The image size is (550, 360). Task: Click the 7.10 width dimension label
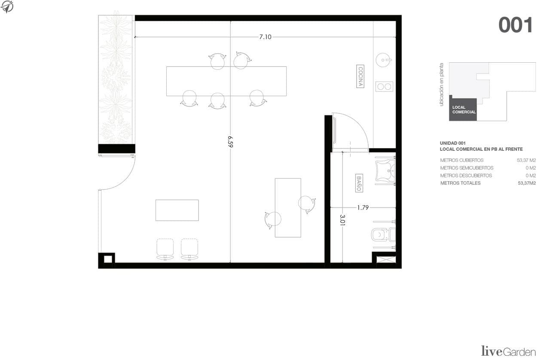click(265, 37)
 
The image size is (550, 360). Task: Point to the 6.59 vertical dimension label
click(230, 142)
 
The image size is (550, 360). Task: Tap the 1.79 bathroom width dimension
click(363, 207)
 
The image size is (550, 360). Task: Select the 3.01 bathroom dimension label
click(342, 220)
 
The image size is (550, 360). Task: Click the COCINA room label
click(360, 76)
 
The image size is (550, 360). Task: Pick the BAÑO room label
click(359, 183)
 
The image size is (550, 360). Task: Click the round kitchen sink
click(383, 60)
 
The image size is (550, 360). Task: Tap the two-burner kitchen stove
click(384, 86)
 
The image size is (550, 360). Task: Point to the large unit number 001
click(515, 25)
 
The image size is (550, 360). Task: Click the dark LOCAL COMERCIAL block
click(463, 110)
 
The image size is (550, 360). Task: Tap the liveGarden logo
click(508, 351)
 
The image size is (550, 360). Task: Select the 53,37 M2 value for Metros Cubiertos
click(526, 160)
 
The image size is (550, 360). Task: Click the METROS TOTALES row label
click(460, 183)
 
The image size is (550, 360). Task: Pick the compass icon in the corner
click(7, 7)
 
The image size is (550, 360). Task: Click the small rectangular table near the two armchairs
click(177, 210)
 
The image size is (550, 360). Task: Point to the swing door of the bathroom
click(350, 131)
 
